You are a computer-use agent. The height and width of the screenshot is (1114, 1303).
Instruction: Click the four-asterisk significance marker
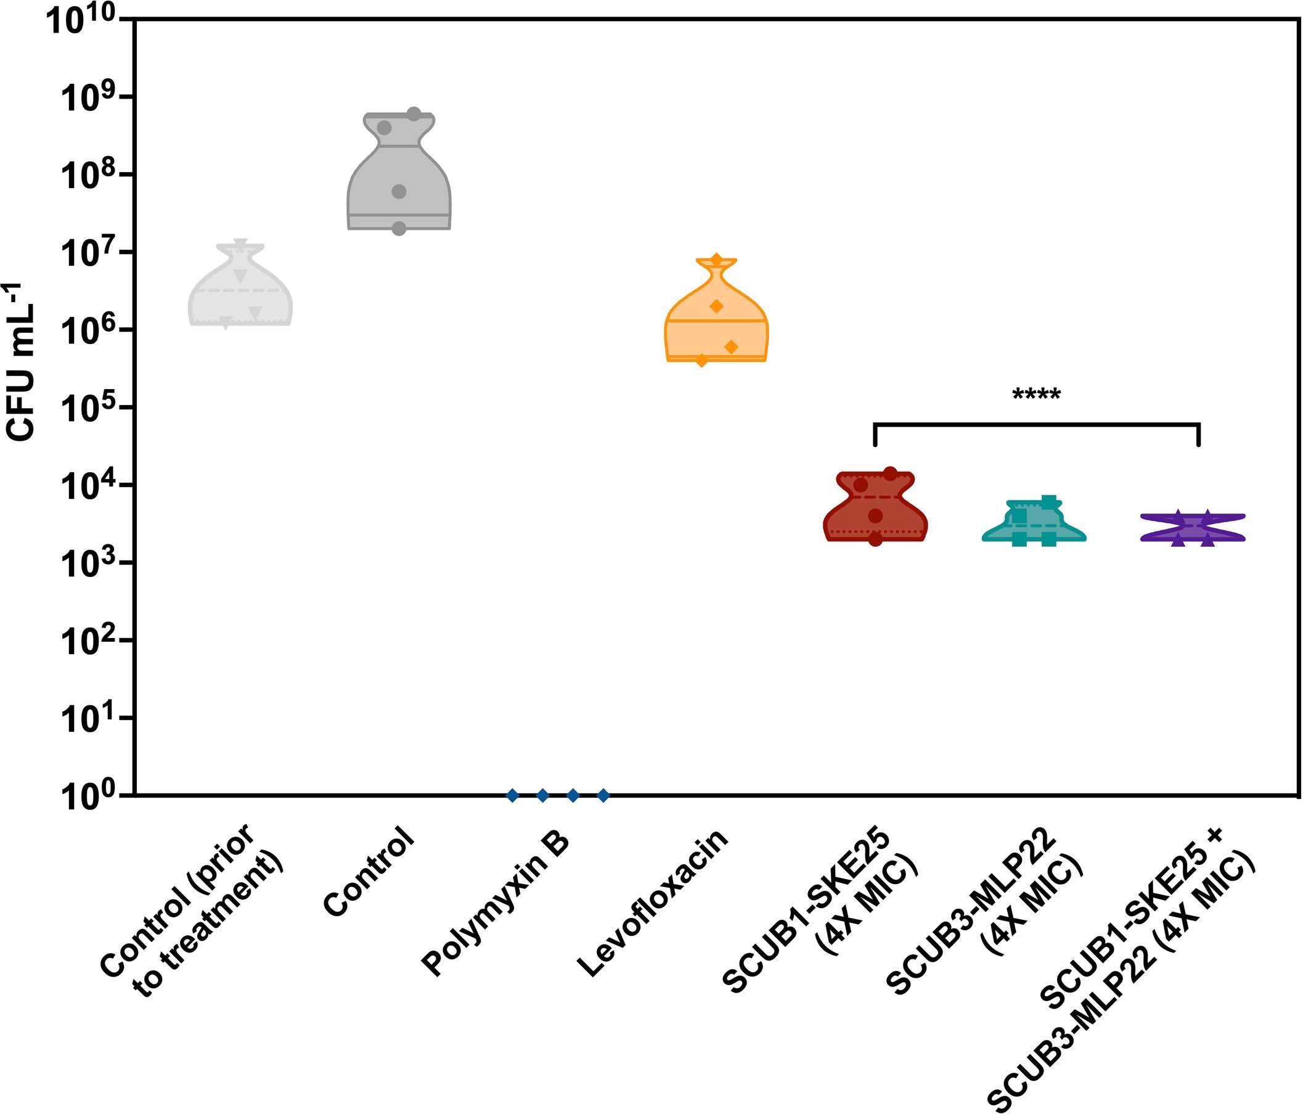click(1036, 396)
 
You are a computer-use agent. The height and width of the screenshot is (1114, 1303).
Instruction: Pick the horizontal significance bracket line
click(1036, 425)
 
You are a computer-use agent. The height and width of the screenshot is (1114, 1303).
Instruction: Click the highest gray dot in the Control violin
click(414, 114)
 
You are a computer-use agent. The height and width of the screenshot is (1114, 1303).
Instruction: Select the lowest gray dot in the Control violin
click(399, 229)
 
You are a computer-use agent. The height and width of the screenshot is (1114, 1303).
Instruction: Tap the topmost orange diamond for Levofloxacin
click(716, 260)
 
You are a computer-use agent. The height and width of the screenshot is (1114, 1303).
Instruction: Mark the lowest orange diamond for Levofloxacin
click(702, 361)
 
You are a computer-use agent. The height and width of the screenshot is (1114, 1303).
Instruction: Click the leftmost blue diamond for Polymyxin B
click(513, 796)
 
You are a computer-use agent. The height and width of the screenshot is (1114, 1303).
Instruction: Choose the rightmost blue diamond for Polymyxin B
click(603, 796)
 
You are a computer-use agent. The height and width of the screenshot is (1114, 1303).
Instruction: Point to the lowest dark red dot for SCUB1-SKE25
click(875, 539)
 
